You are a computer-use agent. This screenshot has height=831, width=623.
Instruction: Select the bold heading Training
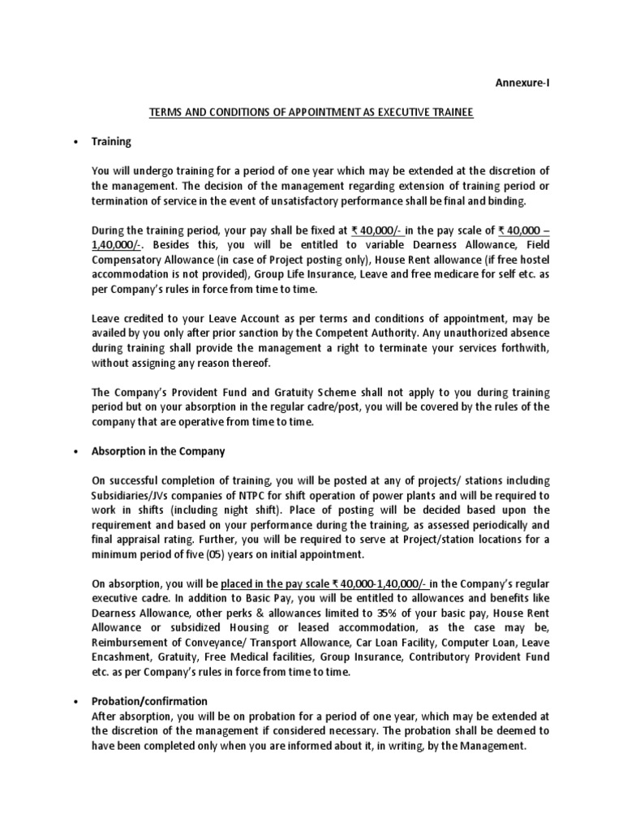click(x=111, y=141)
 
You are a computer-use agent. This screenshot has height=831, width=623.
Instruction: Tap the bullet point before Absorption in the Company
click(x=74, y=451)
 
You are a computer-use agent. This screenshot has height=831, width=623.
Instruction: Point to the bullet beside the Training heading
click(x=74, y=142)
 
